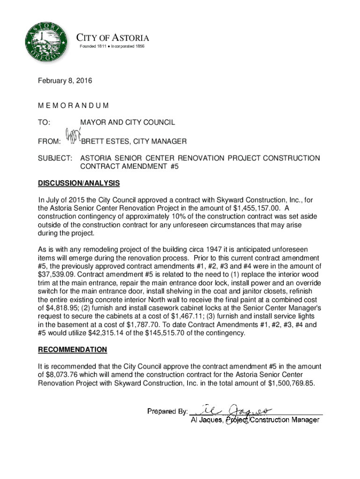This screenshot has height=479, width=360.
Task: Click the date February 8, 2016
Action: [65, 81]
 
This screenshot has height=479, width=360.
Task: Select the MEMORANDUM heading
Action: [74, 106]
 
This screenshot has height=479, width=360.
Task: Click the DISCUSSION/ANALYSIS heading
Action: [79, 183]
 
